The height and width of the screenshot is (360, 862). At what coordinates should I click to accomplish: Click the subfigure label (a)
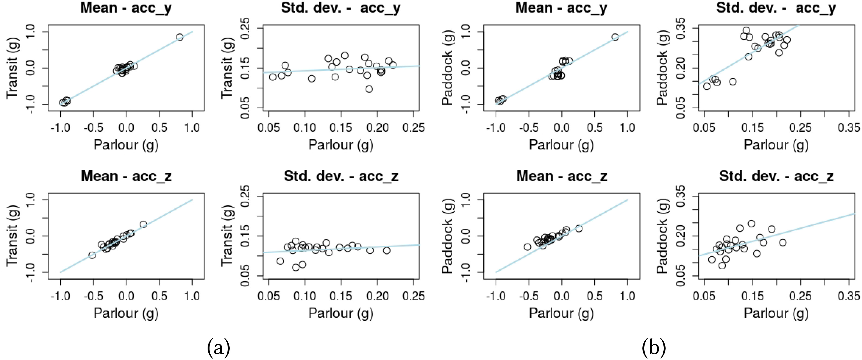coord(219,348)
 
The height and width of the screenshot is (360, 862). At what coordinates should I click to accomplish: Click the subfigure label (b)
coord(654,348)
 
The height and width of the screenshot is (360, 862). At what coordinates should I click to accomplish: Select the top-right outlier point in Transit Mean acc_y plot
coord(180,37)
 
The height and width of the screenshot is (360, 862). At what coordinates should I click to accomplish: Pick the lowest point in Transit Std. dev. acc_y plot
coord(369,89)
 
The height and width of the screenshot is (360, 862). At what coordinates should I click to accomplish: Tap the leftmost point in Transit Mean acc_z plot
coord(92,255)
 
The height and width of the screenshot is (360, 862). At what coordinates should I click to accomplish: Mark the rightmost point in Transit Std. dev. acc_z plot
coord(387,250)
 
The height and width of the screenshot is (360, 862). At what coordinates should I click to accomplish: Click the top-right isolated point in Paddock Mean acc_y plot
coord(615,37)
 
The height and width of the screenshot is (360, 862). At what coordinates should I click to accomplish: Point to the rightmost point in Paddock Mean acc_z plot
coord(579,228)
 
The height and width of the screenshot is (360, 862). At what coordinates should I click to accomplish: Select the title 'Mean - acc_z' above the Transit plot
coord(126,176)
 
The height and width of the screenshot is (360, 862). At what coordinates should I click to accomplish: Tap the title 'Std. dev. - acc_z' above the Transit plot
coord(341,176)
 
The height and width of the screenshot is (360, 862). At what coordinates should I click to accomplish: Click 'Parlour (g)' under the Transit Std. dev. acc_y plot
coord(341,145)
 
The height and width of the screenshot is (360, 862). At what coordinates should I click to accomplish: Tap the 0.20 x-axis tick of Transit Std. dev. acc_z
coord(377,296)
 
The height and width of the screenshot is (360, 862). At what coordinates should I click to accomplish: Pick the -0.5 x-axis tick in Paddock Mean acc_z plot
coord(529,296)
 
